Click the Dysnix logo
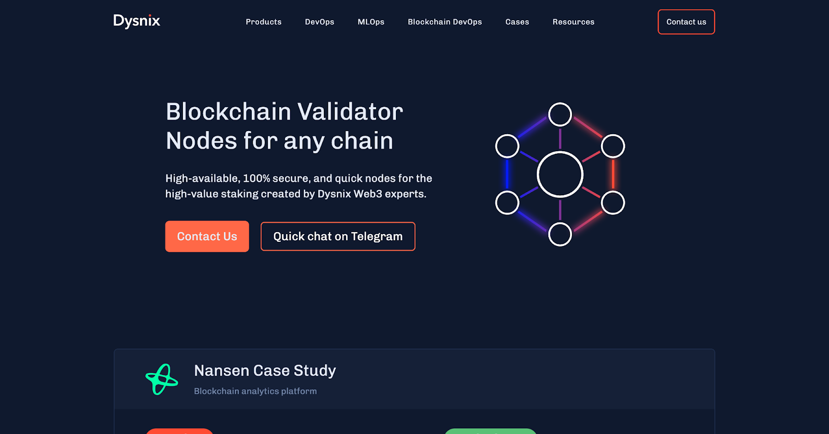137,21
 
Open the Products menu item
264,22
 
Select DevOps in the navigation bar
320,22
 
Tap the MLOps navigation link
371,22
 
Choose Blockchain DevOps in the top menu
445,22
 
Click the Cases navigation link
517,22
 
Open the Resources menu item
574,22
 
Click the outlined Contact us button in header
686,22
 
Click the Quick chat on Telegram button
338,237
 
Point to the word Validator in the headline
350,112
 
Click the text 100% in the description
256,179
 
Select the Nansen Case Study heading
265,371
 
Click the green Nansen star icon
162,379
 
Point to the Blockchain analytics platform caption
255,392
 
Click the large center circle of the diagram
560,175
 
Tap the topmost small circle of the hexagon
560,114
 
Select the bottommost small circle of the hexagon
560,235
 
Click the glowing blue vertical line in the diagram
507,175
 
